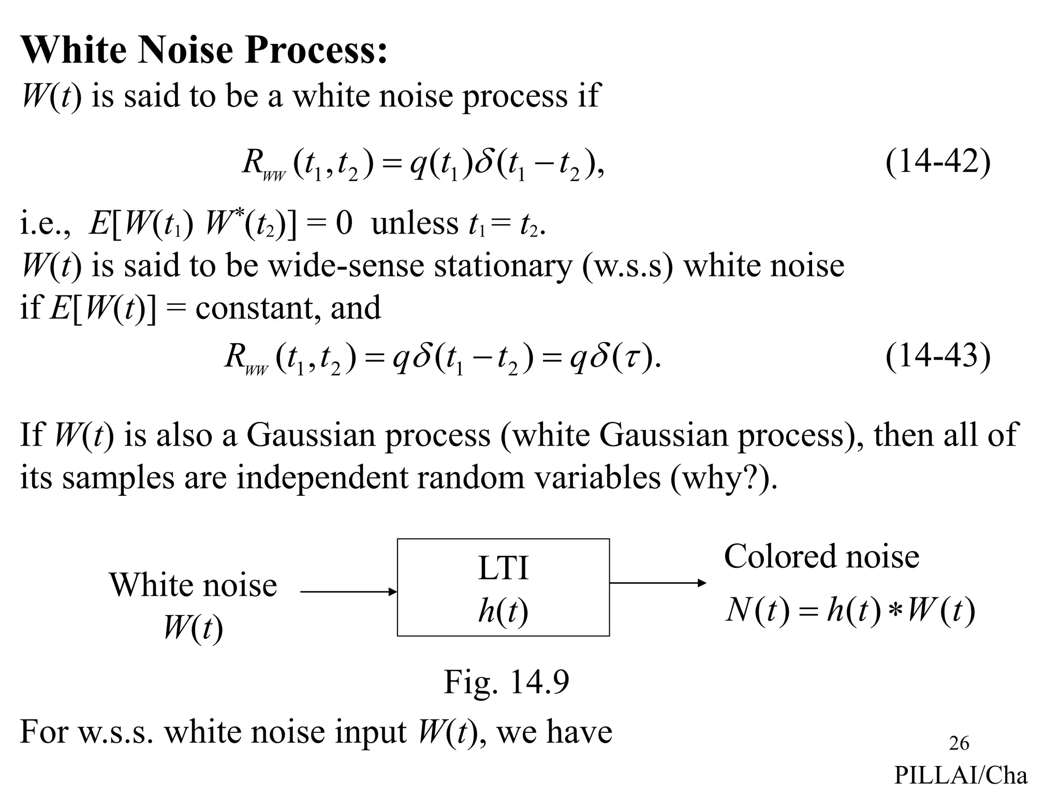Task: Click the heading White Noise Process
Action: (204, 50)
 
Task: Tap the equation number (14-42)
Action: (937, 162)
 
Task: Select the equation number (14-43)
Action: (937, 356)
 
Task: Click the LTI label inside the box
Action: (503, 568)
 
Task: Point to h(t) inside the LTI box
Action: (503, 611)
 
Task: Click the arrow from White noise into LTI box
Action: (348, 592)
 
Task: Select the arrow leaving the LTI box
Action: (657, 583)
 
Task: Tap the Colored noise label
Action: (821, 557)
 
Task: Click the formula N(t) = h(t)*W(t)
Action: (850, 611)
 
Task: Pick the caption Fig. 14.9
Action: (506, 682)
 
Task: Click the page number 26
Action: (959, 743)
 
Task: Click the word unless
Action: (415, 224)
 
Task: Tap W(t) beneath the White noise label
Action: (193, 628)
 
